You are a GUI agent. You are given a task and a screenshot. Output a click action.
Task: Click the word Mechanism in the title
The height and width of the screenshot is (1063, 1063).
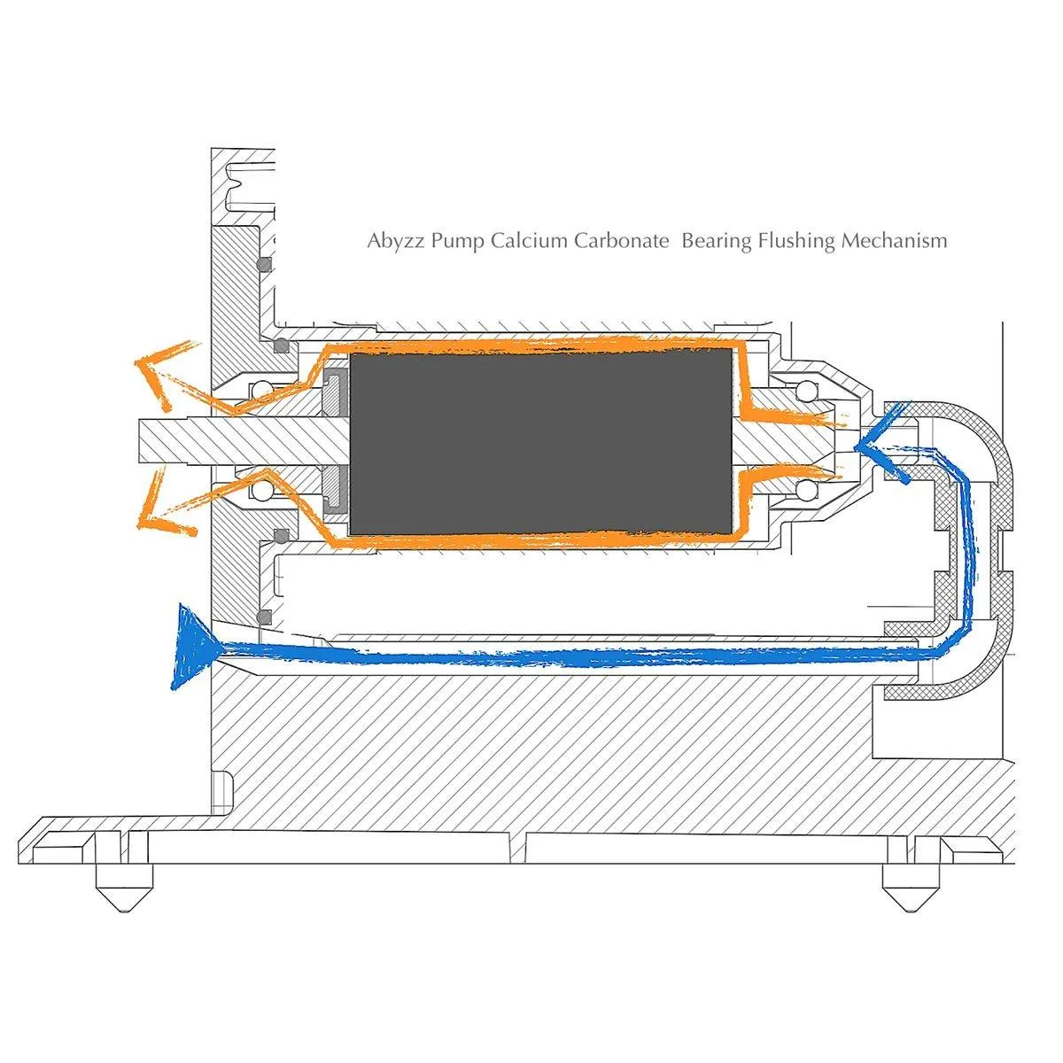(895, 241)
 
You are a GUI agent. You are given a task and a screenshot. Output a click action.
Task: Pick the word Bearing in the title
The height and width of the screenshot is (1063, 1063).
(717, 241)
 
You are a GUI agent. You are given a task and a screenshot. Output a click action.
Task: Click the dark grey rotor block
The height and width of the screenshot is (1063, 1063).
(540, 440)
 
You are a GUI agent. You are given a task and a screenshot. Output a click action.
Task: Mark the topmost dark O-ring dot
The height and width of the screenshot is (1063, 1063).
(261, 264)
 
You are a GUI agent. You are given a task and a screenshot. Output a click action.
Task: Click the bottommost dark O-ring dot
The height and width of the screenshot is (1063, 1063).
(261, 617)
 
